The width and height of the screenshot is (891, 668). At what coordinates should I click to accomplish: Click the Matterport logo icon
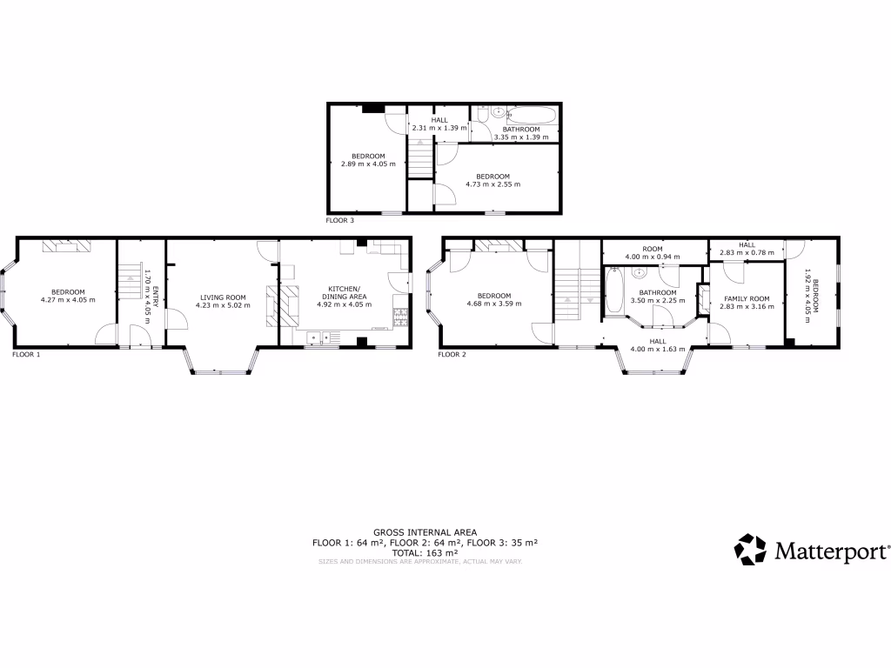tap(750, 550)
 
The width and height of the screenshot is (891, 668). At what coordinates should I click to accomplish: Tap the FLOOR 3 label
tap(340, 221)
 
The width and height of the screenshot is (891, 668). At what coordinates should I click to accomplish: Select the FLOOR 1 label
tap(26, 355)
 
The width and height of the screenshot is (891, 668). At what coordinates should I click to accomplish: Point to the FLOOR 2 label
tap(452, 355)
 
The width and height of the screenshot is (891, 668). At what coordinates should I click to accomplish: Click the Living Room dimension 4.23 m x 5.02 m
tap(222, 305)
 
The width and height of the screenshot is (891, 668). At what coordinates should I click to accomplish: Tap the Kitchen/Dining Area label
tap(347, 292)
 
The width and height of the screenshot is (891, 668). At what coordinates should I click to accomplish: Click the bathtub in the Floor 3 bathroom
tap(532, 114)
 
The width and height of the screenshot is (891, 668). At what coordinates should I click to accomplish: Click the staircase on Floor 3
tap(420, 158)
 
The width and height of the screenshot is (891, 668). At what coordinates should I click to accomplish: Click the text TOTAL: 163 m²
tap(425, 552)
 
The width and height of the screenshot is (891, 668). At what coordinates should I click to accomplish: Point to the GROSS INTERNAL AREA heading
tap(425, 531)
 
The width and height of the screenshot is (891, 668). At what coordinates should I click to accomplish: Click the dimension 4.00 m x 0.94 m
tap(653, 257)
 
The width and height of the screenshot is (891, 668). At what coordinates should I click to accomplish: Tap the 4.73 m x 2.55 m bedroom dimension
tap(492, 184)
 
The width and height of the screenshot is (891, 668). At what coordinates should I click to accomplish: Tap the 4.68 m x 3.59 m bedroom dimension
tap(493, 304)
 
